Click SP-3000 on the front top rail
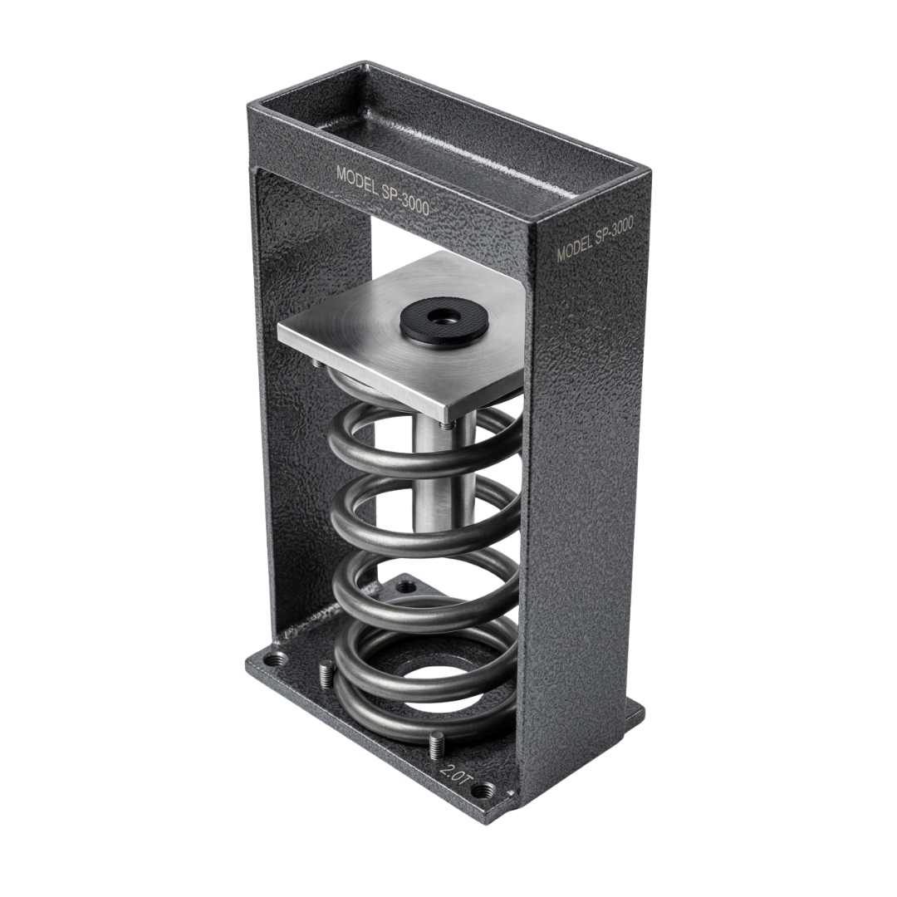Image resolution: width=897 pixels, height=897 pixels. tap(406, 200)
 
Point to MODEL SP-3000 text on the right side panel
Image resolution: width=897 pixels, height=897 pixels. tap(595, 238)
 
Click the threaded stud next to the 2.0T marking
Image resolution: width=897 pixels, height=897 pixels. tap(436, 745)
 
